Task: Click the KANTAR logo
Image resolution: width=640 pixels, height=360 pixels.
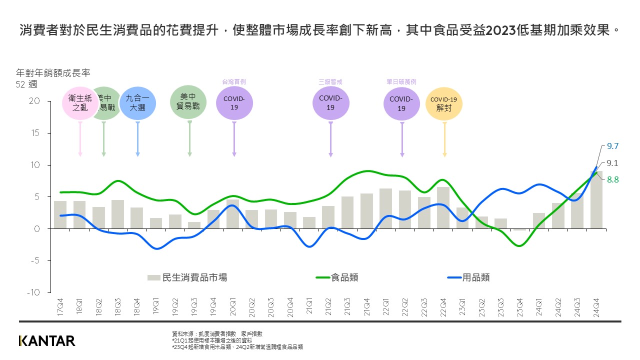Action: click(47, 341)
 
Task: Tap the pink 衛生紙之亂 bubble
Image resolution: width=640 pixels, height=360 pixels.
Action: click(79, 103)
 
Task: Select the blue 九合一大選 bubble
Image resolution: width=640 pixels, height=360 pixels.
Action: click(137, 103)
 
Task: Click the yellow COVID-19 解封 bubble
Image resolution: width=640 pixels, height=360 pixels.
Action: click(444, 103)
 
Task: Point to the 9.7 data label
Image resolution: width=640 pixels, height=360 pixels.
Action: click(612, 146)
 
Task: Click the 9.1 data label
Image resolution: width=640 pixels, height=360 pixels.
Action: click(612, 163)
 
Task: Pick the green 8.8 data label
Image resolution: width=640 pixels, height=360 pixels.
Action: click(612, 179)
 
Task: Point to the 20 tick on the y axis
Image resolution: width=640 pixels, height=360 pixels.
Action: click(34, 101)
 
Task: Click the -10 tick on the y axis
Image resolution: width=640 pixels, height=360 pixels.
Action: click(32, 292)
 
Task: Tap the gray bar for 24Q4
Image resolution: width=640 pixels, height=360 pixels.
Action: click(596, 199)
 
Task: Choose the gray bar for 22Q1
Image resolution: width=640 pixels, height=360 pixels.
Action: click(385, 208)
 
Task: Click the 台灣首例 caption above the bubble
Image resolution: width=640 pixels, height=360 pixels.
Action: click(234, 81)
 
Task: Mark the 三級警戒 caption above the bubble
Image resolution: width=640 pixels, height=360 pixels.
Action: click(330, 81)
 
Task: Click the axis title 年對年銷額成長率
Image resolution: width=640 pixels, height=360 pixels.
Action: click(53, 73)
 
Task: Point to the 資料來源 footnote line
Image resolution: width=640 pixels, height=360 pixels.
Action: click(217, 333)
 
